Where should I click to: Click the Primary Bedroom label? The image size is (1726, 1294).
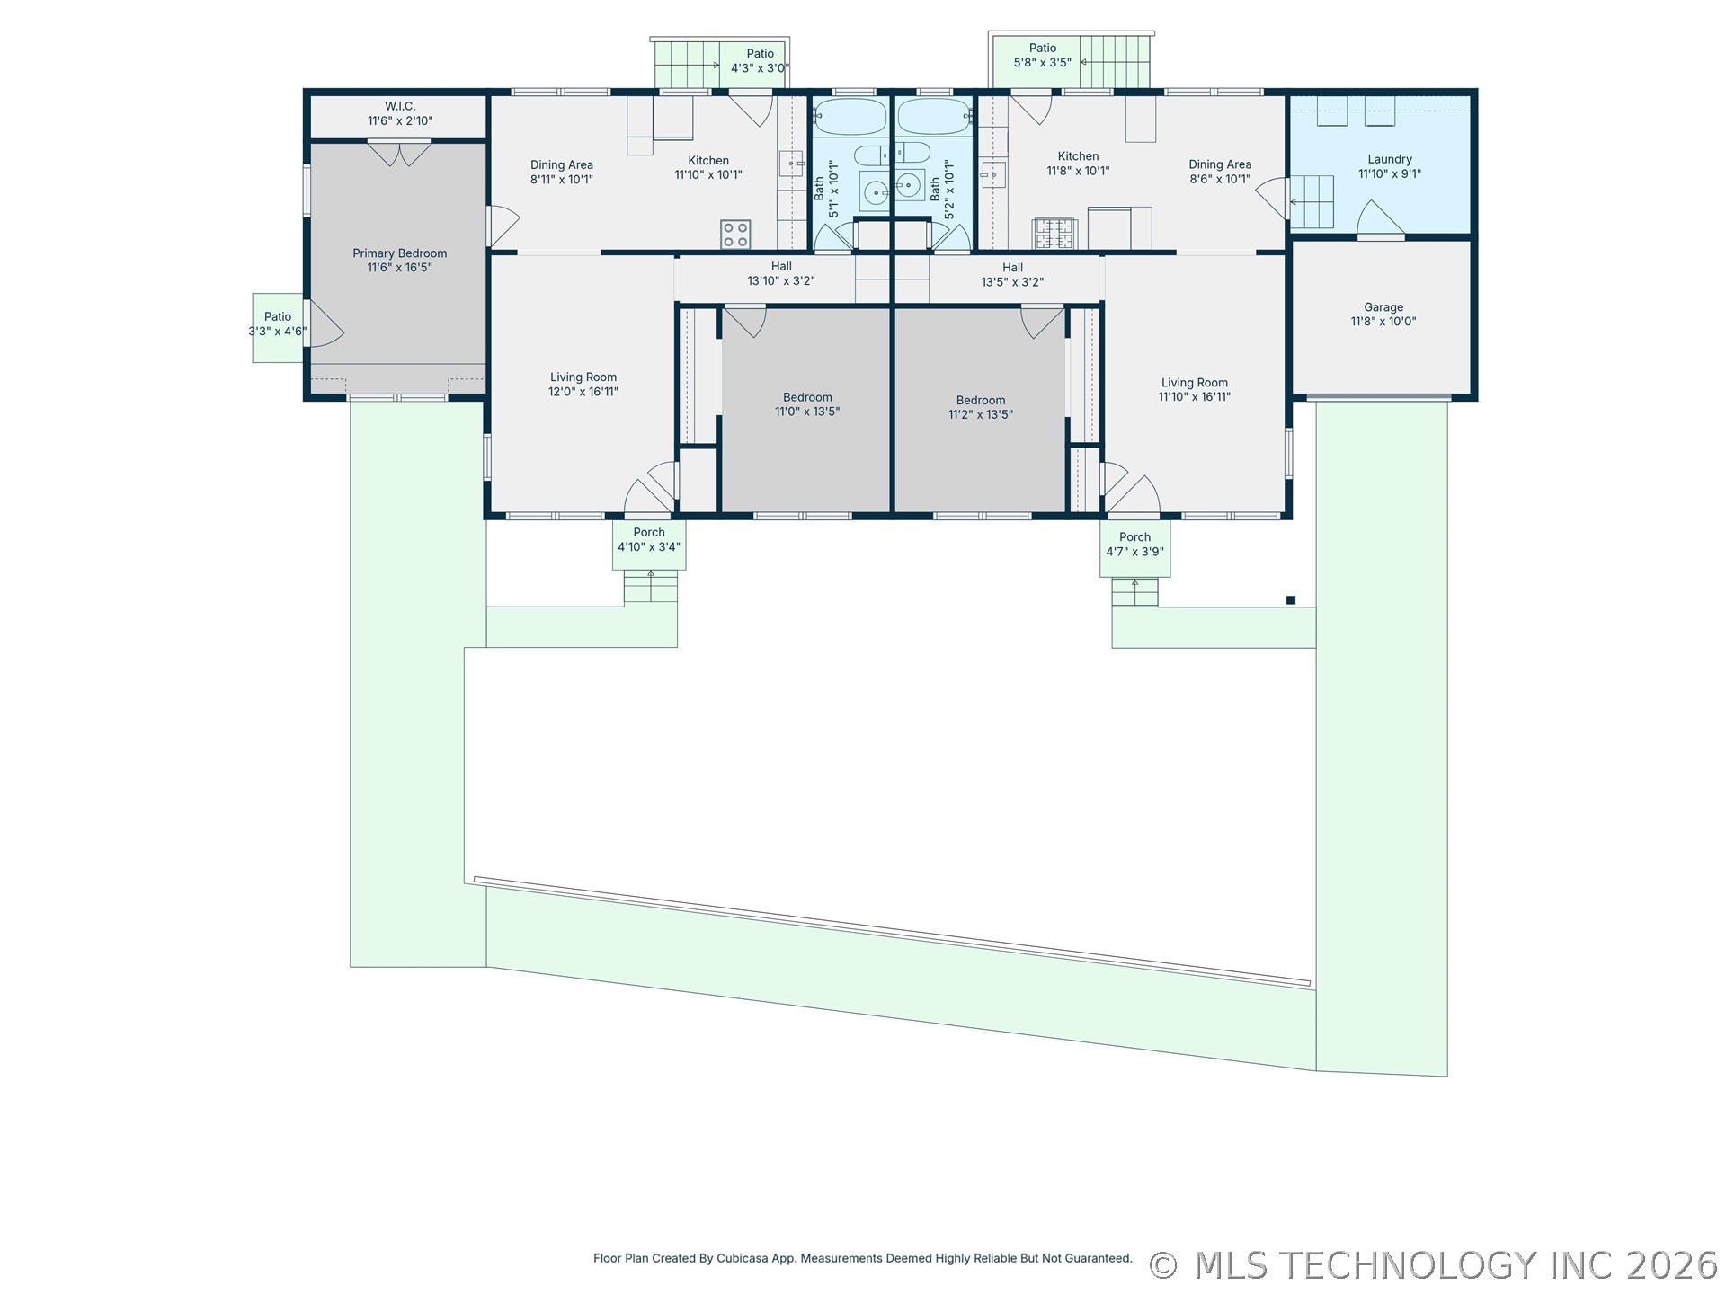pos(399,261)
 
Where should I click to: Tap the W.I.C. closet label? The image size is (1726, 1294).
pos(400,113)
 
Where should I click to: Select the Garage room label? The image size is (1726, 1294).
pos(1383,315)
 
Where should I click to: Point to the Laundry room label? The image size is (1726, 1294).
pos(1390,167)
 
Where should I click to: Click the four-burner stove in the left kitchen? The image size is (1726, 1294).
pos(735,235)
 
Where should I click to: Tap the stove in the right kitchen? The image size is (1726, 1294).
pos(1054,234)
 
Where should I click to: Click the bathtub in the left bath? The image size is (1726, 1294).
pos(850,117)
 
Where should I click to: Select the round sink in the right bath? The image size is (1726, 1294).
pos(908,186)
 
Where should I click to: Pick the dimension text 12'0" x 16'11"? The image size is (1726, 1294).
pos(583,392)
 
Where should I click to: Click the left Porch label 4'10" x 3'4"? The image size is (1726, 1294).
pos(649,540)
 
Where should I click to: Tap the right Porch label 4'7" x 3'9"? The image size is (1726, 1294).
pos(1135,545)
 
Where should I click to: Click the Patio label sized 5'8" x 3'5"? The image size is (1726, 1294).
pos(1043,56)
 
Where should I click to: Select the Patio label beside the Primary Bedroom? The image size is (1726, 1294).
pos(278,323)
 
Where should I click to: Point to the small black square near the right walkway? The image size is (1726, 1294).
pos(1291,600)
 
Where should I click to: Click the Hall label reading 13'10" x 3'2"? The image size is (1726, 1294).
pos(781,274)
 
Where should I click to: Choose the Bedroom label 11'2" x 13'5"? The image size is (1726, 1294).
pos(981,408)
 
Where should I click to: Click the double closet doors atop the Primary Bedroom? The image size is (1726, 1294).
pos(400,154)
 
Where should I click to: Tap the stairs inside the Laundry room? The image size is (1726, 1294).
pos(1312,202)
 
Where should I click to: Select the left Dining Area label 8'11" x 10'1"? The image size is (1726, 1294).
pos(562,172)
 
